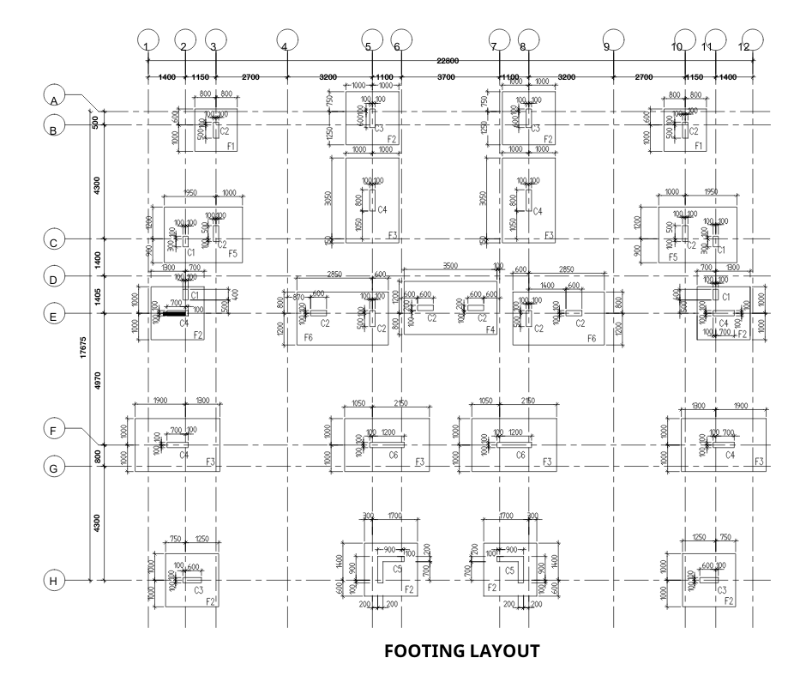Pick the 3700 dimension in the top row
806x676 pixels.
446,77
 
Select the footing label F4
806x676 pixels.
490,329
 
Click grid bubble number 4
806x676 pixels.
286,39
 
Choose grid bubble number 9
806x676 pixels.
611,39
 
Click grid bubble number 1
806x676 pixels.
149,39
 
